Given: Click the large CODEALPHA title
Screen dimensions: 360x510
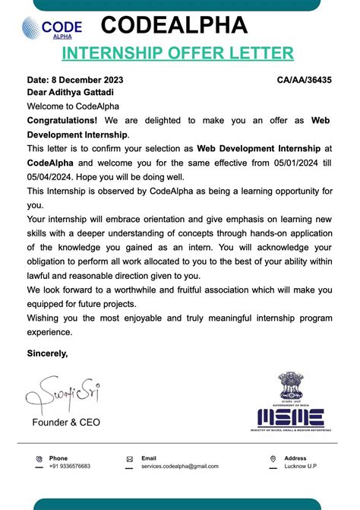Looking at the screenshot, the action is click(174, 25).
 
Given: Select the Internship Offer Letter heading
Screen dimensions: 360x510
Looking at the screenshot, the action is click(177, 52).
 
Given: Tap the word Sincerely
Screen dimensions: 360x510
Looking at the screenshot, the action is click(47, 353).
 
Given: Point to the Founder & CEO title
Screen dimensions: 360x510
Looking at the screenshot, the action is click(65, 422).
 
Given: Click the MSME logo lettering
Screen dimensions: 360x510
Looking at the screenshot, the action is click(290, 417).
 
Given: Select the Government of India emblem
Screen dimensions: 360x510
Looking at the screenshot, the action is click(290, 386).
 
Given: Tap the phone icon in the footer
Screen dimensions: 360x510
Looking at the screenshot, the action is click(39, 459).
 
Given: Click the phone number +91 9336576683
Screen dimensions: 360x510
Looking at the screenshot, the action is click(70, 466).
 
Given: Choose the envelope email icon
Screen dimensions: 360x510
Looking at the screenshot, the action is click(130, 459).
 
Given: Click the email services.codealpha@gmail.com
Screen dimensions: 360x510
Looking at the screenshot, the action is click(180, 466).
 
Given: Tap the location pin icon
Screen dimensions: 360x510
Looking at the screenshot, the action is click(273, 459).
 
